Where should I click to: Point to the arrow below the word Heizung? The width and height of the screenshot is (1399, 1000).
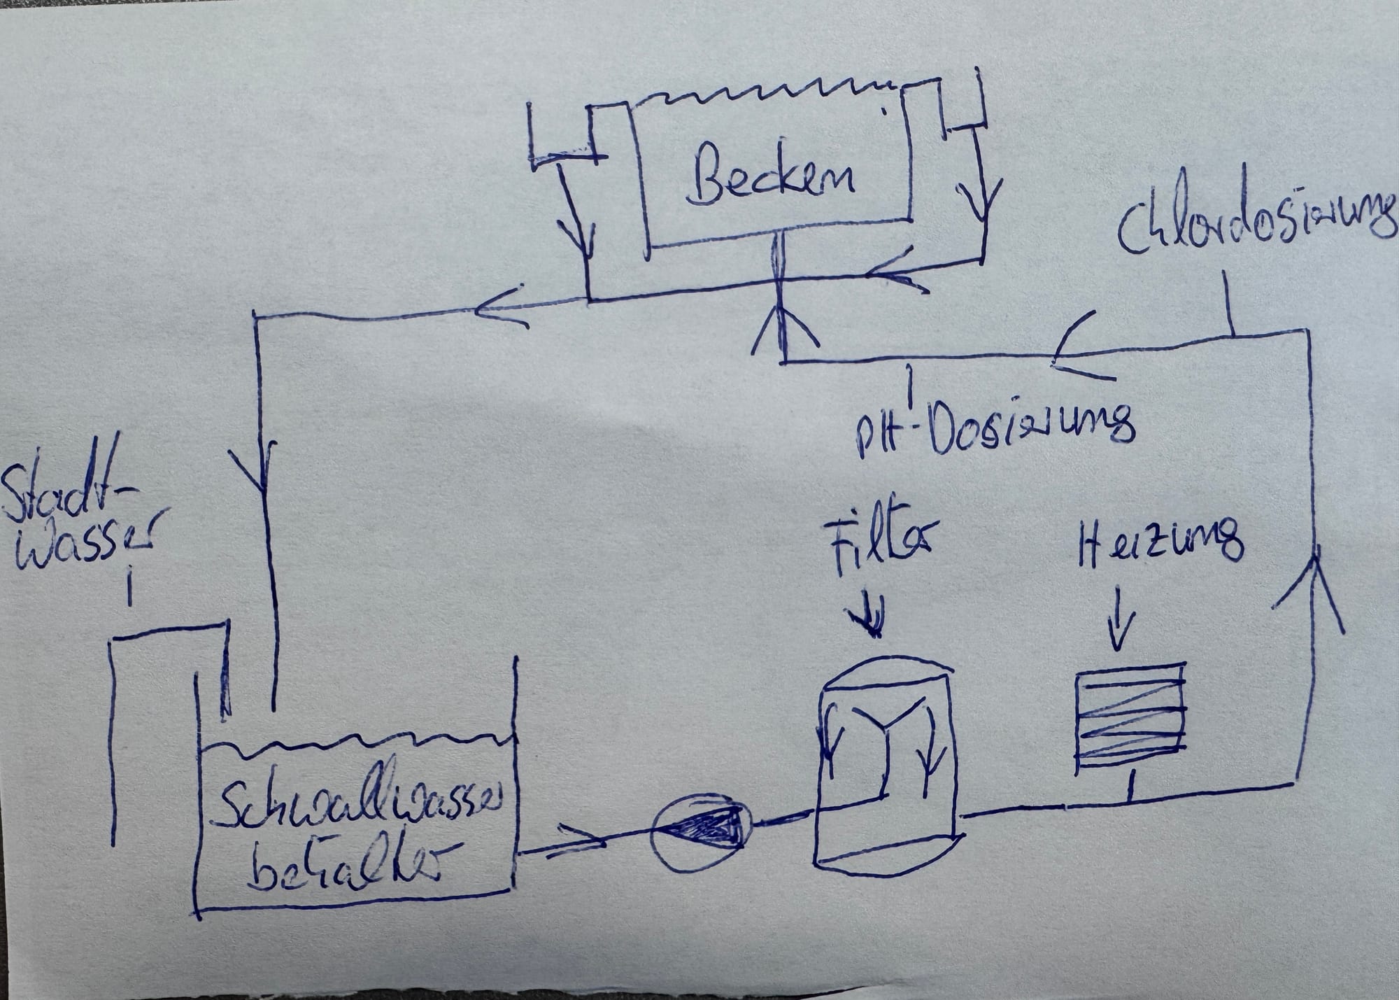click(x=1120, y=617)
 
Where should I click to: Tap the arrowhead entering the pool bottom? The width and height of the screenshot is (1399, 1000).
click(x=784, y=329)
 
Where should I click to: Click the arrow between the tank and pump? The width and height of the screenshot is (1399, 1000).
click(x=580, y=839)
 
